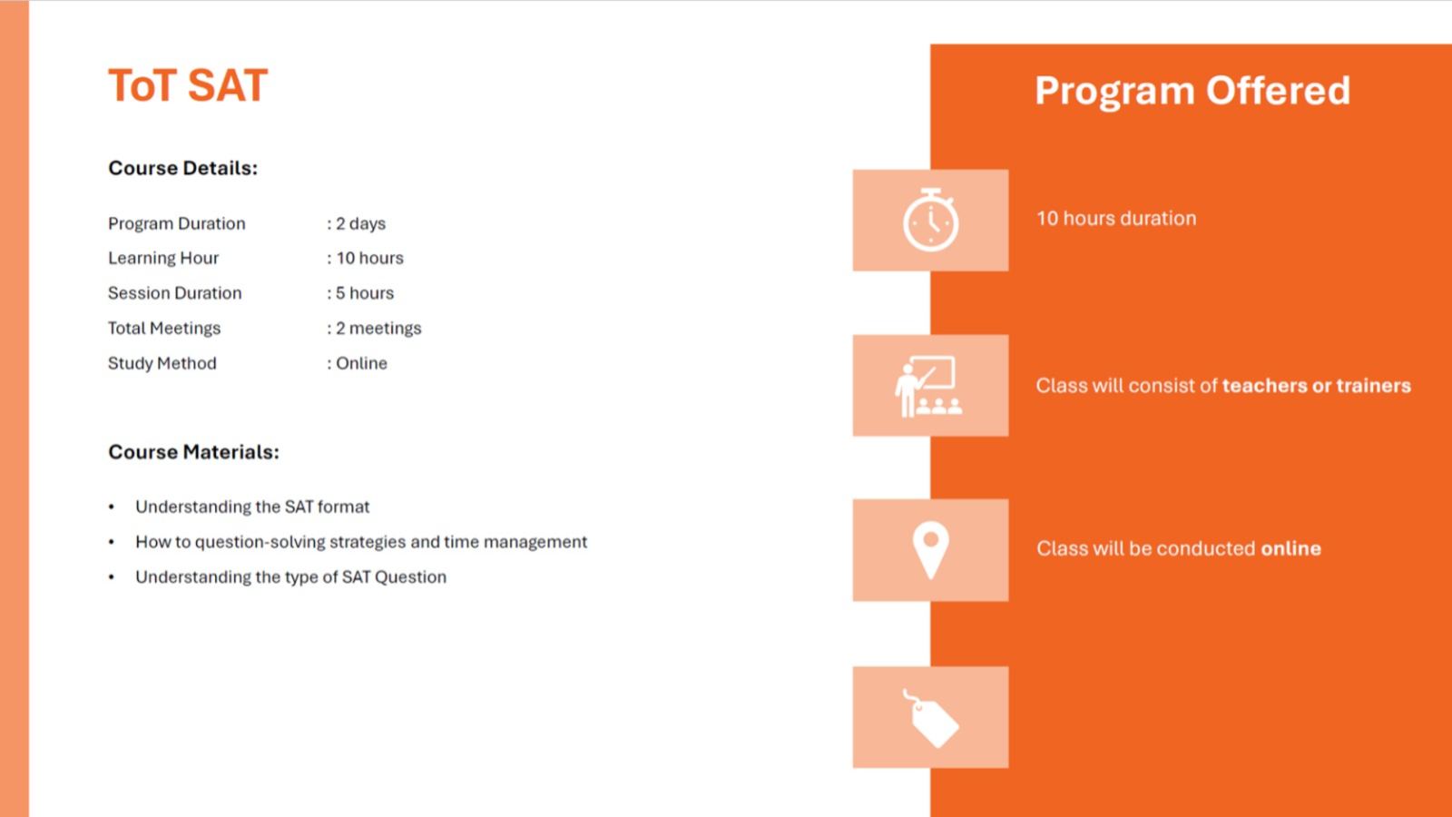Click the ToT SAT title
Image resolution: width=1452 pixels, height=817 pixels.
(188, 85)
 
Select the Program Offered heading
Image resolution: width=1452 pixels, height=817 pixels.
(1192, 91)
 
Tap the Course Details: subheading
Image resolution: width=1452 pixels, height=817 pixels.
(182, 168)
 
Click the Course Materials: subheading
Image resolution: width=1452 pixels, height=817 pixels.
(194, 452)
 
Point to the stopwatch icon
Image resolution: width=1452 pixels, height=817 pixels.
(931, 220)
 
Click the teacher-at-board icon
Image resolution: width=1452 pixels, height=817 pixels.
(928, 386)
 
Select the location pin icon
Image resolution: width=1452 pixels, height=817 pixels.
(931, 550)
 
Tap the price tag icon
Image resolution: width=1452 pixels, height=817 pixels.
(931, 718)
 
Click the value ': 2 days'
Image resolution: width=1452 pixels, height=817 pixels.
(357, 223)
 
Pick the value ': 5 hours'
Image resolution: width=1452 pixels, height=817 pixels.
(360, 293)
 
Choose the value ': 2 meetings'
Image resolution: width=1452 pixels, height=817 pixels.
(374, 328)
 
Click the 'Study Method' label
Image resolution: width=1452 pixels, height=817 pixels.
(162, 363)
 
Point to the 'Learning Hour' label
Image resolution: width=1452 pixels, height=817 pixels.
(163, 258)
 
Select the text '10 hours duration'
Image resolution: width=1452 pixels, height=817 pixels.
(1116, 219)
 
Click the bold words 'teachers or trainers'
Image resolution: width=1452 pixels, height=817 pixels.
(1317, 386)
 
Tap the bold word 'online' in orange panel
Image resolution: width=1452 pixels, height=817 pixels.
(1290, 548)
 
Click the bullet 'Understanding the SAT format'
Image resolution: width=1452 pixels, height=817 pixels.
(252, 507)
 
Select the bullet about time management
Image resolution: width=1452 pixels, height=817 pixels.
(361, 542)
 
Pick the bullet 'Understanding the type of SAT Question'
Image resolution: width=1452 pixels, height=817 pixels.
(290, 577)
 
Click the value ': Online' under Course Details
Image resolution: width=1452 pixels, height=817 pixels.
(358, 363)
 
